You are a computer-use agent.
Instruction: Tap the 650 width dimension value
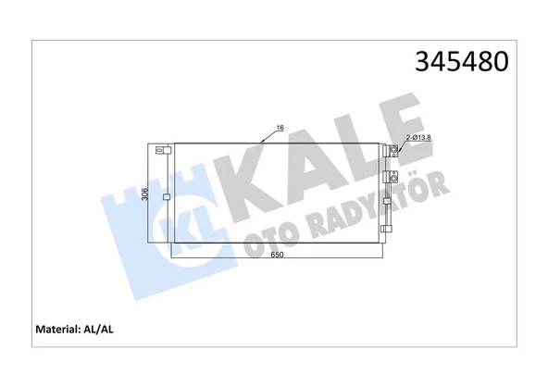pos(276,256)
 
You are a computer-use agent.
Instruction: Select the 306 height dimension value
pos(144,193)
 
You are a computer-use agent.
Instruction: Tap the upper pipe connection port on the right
pos(393,149)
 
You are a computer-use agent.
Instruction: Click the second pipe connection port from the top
pos(392,177)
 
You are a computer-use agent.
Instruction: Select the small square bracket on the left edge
pos(166,196)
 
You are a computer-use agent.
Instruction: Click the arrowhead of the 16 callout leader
pos(265,141)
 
